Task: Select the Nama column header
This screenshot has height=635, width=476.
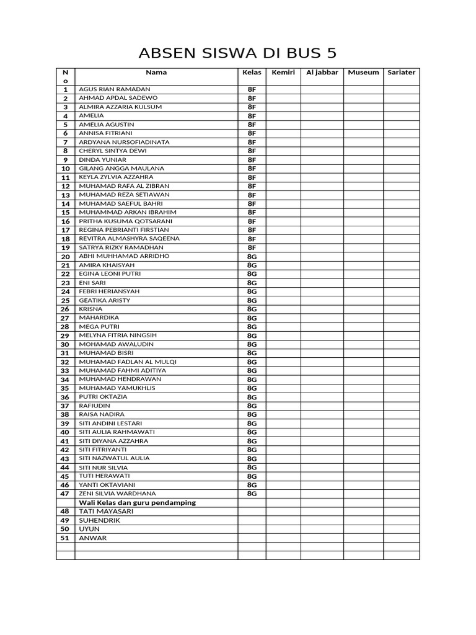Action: click(x=156, y=73)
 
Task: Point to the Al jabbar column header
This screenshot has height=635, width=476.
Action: click(x=322, y=73)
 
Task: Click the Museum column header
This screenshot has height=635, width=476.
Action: click(x=363, y=73)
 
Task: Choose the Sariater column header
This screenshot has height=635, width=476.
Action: click(x=401, y=73)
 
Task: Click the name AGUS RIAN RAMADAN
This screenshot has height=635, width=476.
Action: click(x=115, y=89)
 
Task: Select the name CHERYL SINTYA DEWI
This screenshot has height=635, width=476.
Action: click(x=112, y=151)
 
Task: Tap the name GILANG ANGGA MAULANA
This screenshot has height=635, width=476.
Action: click(x=121, y=168)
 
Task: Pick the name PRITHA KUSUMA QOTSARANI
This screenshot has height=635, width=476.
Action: click(x=125, y=221)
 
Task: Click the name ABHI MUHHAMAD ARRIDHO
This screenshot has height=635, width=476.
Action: click(x=124, y=256)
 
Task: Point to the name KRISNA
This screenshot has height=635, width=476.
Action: click(x=90, y=309)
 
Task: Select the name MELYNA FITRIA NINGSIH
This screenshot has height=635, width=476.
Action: click(x=118, y=335)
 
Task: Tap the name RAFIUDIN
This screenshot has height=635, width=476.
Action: click(x=94, y=406)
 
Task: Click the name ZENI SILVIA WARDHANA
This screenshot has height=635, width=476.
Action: click(x=117, y=494)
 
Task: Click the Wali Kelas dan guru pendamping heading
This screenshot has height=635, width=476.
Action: click(x=137, y=502)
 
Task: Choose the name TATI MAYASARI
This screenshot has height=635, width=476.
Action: click(x=106, y=512)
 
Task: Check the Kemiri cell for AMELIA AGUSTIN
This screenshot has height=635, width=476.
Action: click(x=283, y=125)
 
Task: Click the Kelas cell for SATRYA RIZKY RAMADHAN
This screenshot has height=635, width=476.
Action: click(x=252, y=247)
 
